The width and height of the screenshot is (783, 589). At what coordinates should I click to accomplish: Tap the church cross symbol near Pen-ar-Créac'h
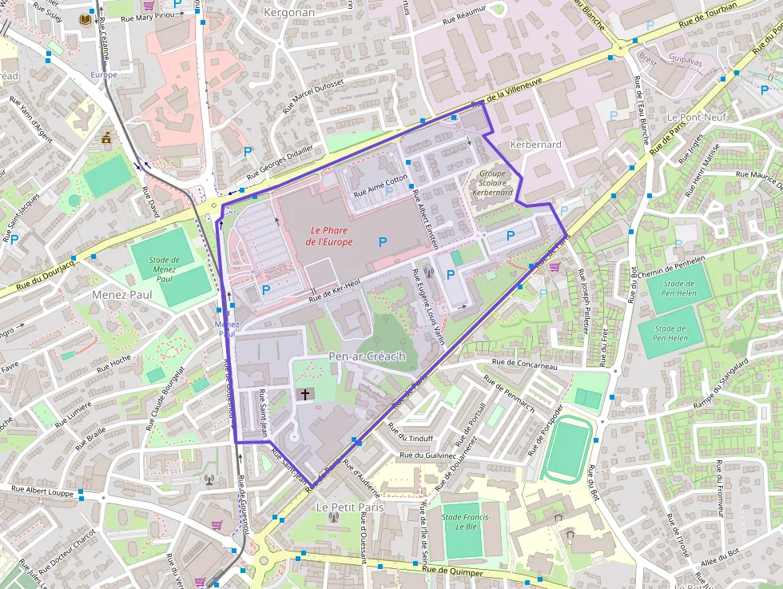click(x=304, y=394)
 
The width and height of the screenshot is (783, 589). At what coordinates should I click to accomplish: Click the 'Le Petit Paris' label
click(x=349, y=507)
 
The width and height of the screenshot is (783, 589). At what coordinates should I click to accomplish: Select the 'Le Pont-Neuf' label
click(x=696, y=117)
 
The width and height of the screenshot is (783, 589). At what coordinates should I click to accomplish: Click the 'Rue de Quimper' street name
click(x=452, y=571)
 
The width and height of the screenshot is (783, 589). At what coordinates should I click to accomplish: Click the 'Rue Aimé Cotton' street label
click(x=381, y=185)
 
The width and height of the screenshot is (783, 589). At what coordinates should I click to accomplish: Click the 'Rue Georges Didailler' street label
click(x=280, y=162)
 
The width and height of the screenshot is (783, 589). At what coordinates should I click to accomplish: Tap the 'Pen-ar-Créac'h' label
click(x=367, y=356)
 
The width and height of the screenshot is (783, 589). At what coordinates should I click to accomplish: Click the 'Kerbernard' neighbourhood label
click(x=535, y=145)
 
